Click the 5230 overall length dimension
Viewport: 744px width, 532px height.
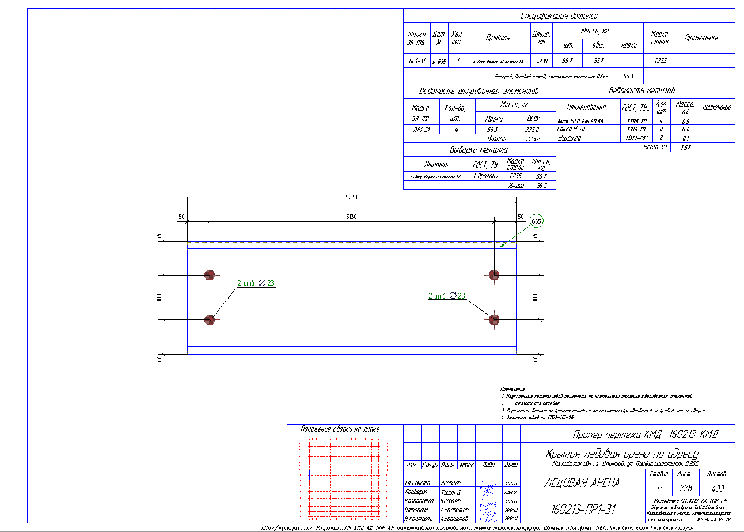click(351, 197)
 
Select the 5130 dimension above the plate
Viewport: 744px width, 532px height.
click(351, 216)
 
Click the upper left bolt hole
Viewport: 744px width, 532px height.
click(210, 274)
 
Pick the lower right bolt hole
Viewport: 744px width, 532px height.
click(494, 319)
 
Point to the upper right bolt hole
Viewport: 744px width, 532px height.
click(494, 274)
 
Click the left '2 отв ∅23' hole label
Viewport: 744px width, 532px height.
click(256, 283)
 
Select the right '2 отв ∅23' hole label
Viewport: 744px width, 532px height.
click(446, 296)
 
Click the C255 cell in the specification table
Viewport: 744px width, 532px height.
click(661, 61)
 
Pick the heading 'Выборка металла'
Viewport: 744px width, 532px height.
click(479, 150)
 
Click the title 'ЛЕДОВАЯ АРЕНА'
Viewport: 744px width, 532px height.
click(582, 483)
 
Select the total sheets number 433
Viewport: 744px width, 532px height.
click(717, 487)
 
